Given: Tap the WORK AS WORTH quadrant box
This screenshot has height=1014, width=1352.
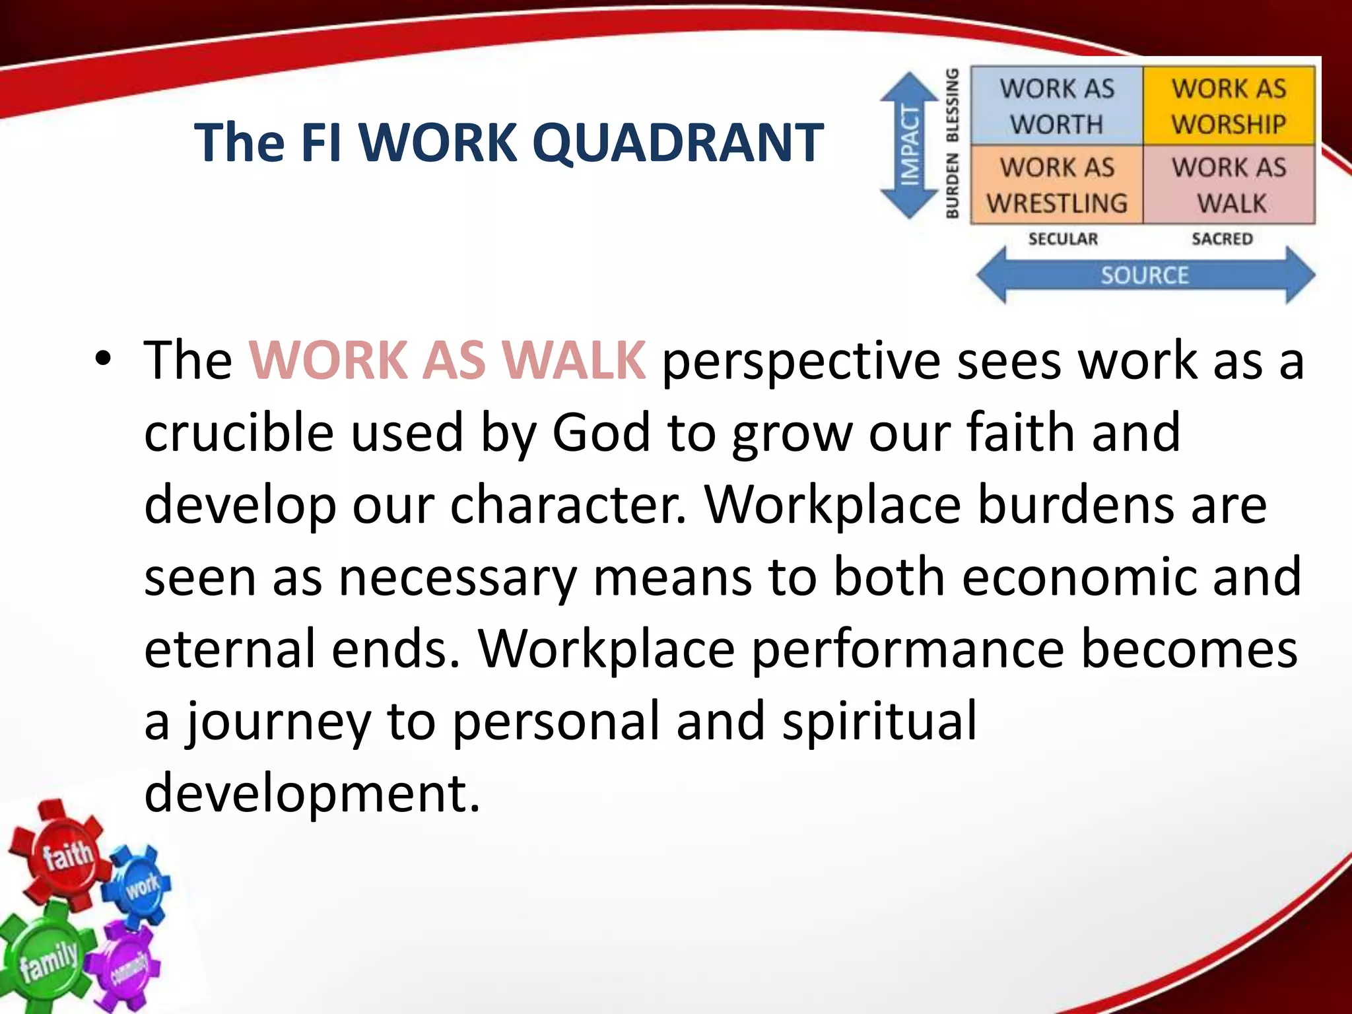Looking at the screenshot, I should point(1056,106).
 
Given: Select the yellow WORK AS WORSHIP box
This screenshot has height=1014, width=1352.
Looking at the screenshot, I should point(1229,106).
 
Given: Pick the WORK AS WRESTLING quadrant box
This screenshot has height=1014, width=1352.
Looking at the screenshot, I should point(1056,185).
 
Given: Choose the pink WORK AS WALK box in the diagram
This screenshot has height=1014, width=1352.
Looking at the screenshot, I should point(1229,185).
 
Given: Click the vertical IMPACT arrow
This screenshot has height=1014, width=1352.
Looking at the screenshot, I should point(910,145).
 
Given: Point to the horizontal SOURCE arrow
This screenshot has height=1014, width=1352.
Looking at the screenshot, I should point(1145,275).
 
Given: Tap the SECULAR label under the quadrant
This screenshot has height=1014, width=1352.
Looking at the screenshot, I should point(1063,239).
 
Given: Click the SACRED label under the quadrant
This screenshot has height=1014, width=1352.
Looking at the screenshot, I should point(1222,239).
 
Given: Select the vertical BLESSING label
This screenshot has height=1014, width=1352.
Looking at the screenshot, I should point(952,106).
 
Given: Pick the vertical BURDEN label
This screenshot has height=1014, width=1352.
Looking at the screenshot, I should point(952,186).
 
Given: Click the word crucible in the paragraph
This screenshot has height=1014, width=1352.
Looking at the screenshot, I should point(238,432).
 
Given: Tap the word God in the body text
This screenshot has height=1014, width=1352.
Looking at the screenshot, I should point(601,432).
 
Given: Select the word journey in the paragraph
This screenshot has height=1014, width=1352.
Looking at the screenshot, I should point(277,721).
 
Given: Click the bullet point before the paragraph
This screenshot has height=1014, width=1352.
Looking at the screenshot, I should point(103,360).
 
